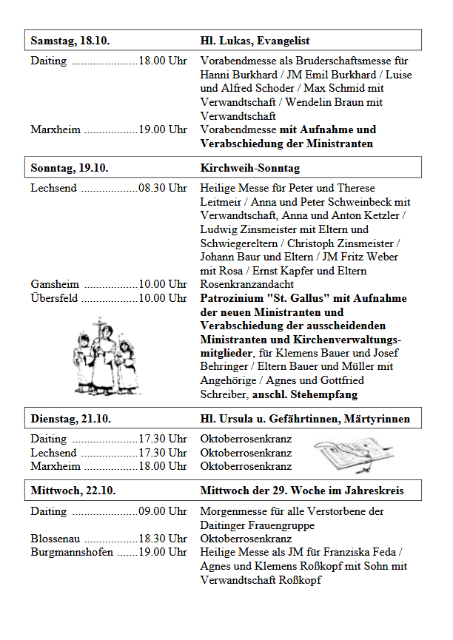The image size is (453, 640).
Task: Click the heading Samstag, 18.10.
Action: [70, 41]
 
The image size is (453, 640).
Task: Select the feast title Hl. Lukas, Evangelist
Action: [255, 41]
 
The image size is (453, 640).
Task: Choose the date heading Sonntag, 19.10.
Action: [70, 168]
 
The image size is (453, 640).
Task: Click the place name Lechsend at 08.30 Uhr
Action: [53, 188]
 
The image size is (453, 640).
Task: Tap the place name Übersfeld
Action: [54, 298]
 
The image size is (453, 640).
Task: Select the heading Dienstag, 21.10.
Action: [71, 419]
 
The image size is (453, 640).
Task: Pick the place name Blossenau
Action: [56, 539]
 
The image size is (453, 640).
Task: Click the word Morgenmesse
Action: [231, 511]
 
